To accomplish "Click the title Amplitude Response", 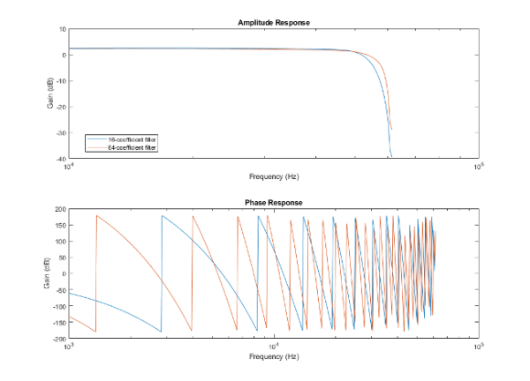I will coord(273,22).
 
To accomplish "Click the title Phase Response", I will coord(273,203).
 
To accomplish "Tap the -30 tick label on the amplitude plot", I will coord(59,132).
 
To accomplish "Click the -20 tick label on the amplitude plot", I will coord(59,107).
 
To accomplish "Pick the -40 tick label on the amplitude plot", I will coord(59,158).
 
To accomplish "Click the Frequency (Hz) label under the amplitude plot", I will coord(273,176).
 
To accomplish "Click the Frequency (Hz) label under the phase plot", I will coord(273,357).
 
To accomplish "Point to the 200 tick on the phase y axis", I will coord(60,210).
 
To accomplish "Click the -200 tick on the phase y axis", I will coord(58,339).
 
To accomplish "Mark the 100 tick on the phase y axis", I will coord(60,242).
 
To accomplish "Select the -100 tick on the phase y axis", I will coord(58,306).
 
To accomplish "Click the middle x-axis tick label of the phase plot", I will coord(274,347).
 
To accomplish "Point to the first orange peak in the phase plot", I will coord(96,215).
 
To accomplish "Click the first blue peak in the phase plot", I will coord(162,215).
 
